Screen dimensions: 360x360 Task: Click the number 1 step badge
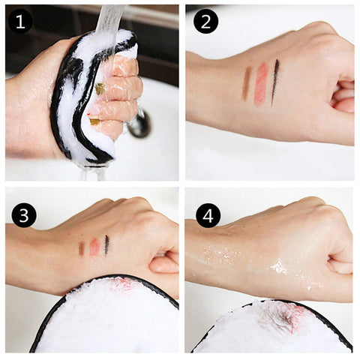pyautogui.click(x=20, y=22)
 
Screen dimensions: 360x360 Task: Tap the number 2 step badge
pyautogui.click(x=205, y=22)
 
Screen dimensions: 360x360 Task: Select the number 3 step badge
pyautogui.click(x=24, y=215)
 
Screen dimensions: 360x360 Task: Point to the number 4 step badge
pyautogui.click(x=208, y=215)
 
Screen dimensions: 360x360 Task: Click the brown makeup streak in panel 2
pyautogui.click(x=247, y=83)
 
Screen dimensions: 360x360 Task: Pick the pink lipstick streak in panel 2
pyautogui.click(x=261, y=84)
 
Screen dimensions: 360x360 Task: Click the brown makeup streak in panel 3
pyautogui.click(x=82, y=248)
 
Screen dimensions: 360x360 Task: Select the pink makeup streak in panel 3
pyautogui.click(x=94, y=247)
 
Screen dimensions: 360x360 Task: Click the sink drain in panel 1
pyautogui.click(x=139, y=124)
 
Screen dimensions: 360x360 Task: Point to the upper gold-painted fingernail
pyautogui.click(x=100, y=89)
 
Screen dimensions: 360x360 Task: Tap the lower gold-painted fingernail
pyautogui.click(x=94, y=121)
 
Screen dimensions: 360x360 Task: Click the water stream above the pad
pyautogui.click(x=110, y=19)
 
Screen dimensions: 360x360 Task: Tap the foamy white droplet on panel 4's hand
pyautogui.click(x=278, y=267)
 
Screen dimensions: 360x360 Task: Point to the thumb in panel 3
pyautogui.click(x=163, y=265)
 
